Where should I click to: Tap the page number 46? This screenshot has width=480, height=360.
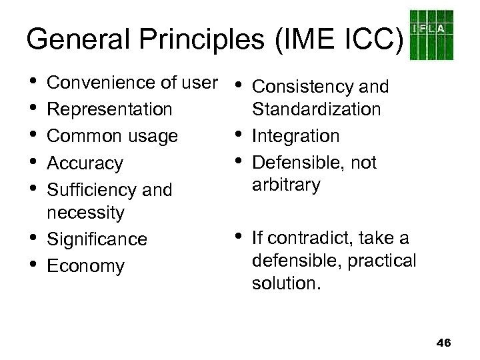443,343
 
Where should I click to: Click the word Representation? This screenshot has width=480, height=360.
110,109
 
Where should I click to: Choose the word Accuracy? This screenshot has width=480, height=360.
85,163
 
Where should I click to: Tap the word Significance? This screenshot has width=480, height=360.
97,239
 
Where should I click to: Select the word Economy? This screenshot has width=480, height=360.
86,266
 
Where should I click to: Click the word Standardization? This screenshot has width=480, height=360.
316,109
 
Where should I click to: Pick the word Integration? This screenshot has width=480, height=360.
297,136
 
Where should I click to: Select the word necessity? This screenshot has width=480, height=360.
85,213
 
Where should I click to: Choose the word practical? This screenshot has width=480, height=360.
381,261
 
